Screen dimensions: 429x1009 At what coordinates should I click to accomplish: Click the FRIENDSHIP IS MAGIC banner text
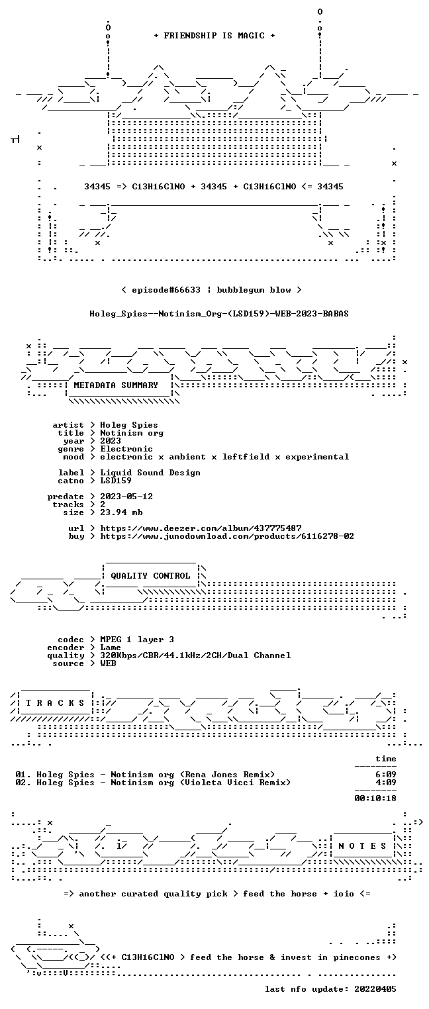(214, 36)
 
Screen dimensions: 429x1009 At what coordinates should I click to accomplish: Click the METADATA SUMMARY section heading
(116, 385)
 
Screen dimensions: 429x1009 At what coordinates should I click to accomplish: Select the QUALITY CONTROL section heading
(150, 575)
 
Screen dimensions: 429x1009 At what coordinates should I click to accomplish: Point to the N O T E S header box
(362, 845)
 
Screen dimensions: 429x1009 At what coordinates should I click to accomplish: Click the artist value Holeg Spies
(129, 425)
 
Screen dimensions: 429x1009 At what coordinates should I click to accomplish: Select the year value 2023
(111, 441)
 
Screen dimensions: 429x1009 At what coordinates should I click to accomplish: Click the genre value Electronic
(126, 449)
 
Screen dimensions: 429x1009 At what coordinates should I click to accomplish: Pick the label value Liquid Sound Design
(150, 473)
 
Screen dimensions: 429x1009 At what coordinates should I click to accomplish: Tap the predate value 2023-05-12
(126, 497)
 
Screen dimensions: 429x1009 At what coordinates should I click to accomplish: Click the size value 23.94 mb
(121, 512)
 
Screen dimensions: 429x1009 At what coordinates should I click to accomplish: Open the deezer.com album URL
(201, 528)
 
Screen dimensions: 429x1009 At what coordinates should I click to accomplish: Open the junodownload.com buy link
(227, 536)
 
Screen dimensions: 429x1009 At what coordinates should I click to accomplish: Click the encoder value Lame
(111, 648)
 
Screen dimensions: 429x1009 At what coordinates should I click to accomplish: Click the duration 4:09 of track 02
(386, 783)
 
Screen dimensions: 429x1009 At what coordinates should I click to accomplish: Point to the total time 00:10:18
(375, 798)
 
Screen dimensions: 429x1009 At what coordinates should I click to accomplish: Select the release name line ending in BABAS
(219, 314)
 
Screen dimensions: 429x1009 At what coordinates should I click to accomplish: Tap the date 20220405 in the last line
(375, 988)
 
